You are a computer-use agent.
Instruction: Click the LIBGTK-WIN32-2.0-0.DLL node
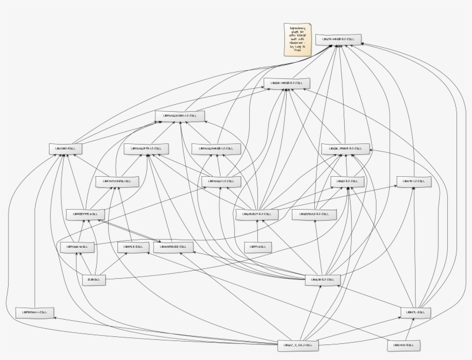[338, 40]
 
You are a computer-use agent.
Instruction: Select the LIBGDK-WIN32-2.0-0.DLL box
[287, 83]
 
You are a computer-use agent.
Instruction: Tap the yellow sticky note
[298, 40]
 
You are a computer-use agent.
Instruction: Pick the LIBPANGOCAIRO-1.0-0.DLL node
[180, 116]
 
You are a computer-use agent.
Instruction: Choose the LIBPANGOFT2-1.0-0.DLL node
[146, 148]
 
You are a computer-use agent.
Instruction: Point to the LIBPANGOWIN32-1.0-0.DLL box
[216, 149]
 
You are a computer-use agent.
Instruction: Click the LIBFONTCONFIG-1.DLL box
[117, 181]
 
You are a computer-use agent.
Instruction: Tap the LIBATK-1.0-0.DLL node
[413, 181]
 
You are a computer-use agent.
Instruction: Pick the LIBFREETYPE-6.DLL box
[85, 214]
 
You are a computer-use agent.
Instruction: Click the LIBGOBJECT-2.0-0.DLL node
[257, 214]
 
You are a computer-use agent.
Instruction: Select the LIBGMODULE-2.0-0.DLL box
[313, 214]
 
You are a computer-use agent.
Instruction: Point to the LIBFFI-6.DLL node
[257, 247]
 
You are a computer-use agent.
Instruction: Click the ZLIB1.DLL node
[93, 279]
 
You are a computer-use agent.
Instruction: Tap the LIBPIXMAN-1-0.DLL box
[35, 312]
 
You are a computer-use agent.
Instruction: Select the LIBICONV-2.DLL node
[404, 345]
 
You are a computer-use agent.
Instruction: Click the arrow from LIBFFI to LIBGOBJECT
[257, 230]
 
